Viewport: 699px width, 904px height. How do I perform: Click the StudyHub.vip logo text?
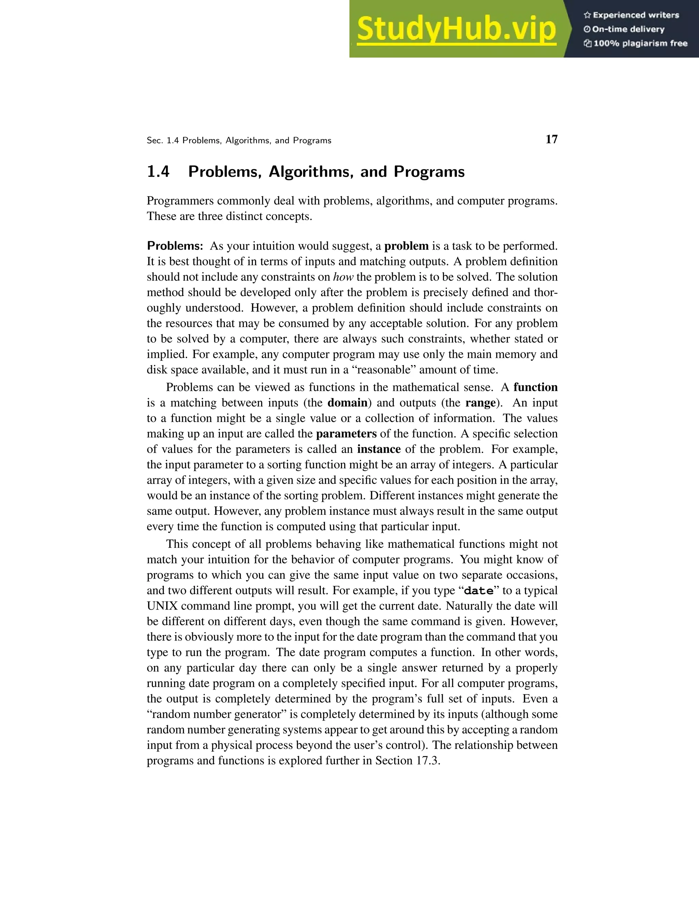[456, 29]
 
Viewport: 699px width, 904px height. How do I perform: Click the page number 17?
[551, 140]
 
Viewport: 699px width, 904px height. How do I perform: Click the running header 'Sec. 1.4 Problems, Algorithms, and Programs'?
[239, 141]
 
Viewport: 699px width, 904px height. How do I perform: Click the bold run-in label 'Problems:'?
[175, 246]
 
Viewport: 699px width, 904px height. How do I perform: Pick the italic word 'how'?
[343, 277]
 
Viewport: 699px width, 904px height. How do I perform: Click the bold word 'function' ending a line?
[535, 388]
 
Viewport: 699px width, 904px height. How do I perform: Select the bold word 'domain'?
[347, 403]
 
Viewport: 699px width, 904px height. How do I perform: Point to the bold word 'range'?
[480, 403]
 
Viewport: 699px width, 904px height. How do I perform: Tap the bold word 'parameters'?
[346, 434]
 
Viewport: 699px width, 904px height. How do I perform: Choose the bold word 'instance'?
[379, 449]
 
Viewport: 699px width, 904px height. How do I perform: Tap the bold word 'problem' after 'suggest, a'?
[406, 246]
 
